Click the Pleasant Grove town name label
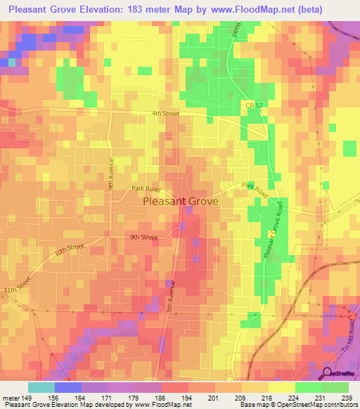pos(180,201)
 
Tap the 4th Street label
pos(165,113)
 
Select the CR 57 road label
pos(254,105)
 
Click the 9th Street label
pos(143,238)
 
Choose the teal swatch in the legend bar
pos(41,387)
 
